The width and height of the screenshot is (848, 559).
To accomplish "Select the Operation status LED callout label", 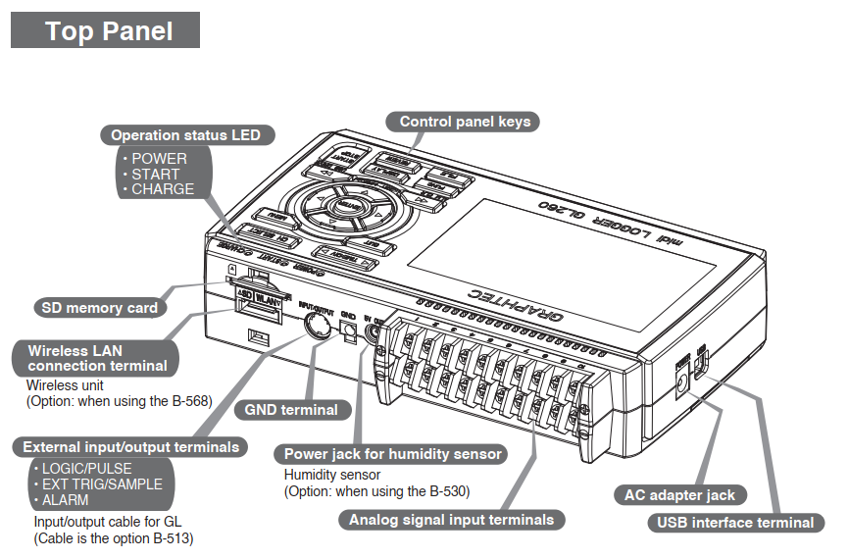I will pyautogui.click(x=185, y=135).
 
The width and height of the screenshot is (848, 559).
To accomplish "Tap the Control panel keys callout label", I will pyautogui.click(x=465, y=122).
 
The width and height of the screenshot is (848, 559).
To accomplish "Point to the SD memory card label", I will pyautogui.click(x=99, y=308).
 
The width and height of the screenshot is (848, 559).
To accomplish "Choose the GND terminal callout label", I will pyautogui.click(x=291, y=410).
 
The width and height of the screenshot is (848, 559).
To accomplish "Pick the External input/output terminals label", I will pyautogui.click(x=130, y=447).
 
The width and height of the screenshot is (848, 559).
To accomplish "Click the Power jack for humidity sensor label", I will pyautogui.click(x=392, y=454).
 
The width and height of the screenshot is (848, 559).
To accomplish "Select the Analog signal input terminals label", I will pyautogui.click(x=451, y=520).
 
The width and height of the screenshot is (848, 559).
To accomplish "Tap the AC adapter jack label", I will pyautogui.click(x=679, y=495).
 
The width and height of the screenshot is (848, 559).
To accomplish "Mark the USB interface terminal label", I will pyautogui.click(x=735, y=523).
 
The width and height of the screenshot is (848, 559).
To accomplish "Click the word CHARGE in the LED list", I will pyautogui.click(x=163, y=189).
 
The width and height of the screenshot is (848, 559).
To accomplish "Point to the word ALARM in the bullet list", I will pyautogui.click(x=66, y=500).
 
